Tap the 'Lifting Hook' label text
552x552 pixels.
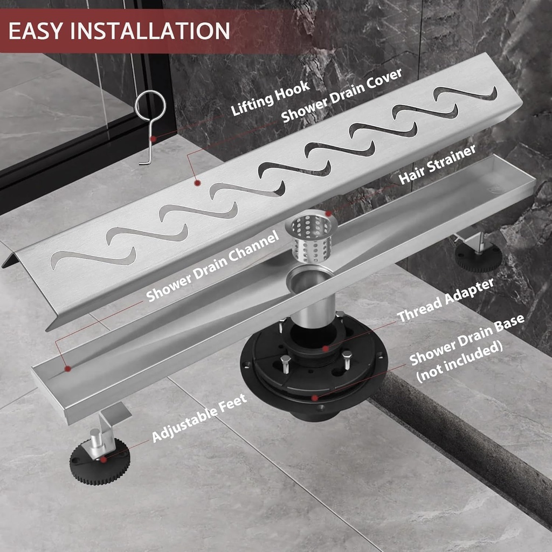271,98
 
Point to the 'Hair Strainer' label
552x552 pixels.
437,164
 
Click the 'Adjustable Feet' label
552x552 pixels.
199,418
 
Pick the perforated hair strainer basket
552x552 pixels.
310,238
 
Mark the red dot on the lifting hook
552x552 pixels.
154,139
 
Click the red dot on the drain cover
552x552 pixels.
197,183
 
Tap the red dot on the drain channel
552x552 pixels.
68,369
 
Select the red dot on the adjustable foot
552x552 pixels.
103,459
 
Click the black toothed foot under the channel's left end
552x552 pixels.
99,461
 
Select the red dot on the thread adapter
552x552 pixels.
326,349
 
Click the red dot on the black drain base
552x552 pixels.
315,398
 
